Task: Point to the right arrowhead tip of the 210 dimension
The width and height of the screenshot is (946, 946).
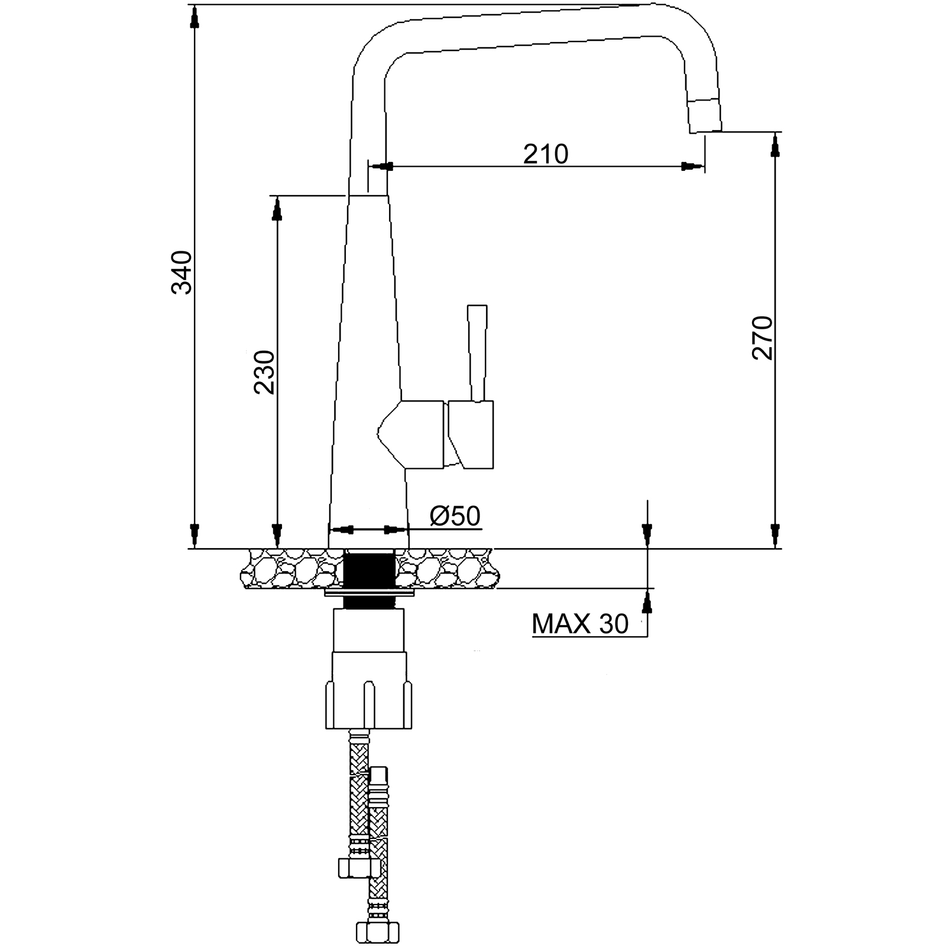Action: coord(704,167)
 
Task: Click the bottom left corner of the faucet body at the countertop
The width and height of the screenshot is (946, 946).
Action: coord(328,549)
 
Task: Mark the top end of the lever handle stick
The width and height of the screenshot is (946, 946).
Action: coord(477,306)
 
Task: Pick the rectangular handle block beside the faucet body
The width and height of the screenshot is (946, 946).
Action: coord(471,435)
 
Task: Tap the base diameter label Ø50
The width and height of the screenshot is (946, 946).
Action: coord(455,516)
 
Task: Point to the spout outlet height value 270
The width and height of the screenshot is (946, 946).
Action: coord(763,338)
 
